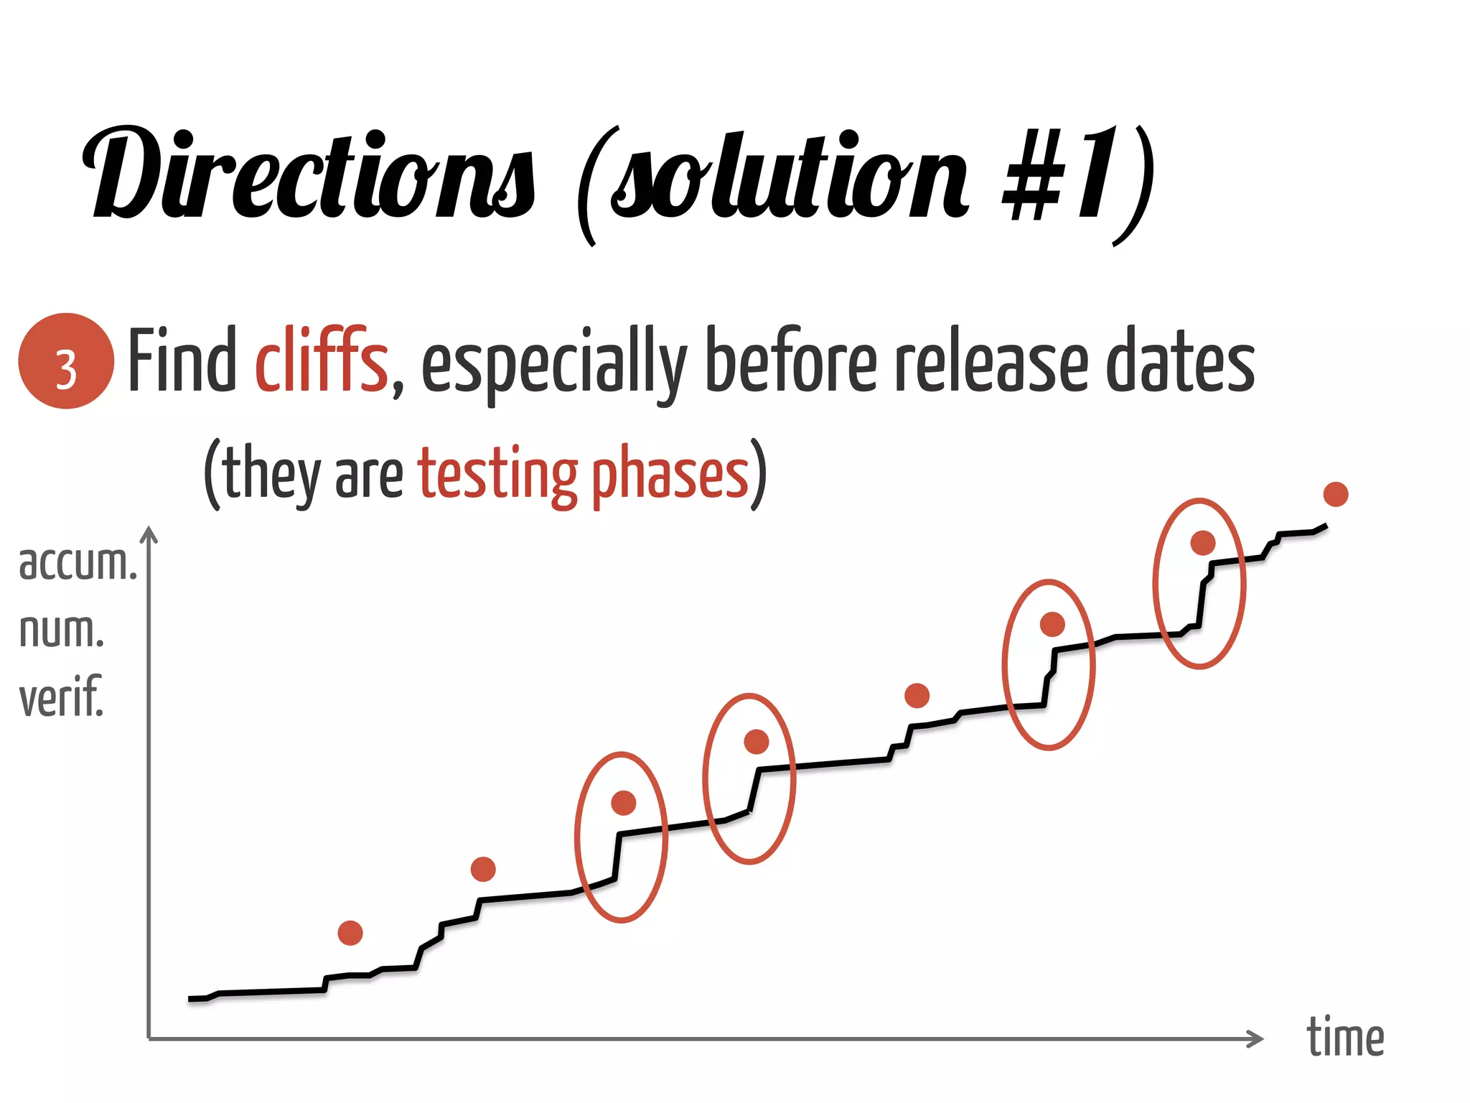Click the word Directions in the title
click(x=309, y=176)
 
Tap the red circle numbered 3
click(x=66, y=361)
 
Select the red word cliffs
click(x=322, y=359)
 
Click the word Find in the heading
click(x=182, y=359)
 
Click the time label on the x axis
click(x=1345, y=1038)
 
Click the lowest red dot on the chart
click(x=350, y=933)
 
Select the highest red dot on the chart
click(x=1336, y=494)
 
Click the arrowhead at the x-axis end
click(x=1256, y=1038)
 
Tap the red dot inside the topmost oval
click(x=1203, y=543)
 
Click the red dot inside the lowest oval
click(x=623, y=803)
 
